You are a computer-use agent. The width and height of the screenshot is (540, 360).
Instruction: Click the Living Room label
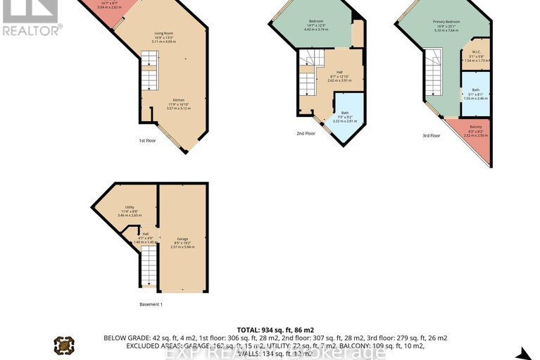[x=164, y=34]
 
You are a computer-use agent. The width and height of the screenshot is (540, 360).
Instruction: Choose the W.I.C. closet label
[x=477, y=51]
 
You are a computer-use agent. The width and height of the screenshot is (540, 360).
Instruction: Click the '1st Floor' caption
[x=146, y=141]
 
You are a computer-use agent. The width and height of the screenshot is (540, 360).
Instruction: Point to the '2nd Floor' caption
[x=305, y=132]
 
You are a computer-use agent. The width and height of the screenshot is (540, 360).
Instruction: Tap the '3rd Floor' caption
[x=430, y=135]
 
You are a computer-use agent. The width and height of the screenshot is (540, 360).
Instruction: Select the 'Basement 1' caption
[x=151, y=304]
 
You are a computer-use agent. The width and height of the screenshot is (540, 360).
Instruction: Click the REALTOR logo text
[x=31, y=30]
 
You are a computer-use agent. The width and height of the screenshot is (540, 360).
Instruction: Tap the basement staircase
[x=149, y=268]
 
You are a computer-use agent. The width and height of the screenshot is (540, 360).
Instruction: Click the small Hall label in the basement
[x=146, y=234]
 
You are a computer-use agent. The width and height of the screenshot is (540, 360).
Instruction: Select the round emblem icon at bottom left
[x=64, y=345]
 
